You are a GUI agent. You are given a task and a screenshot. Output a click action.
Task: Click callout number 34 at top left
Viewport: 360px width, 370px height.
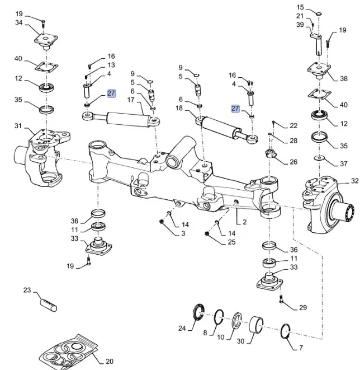19,22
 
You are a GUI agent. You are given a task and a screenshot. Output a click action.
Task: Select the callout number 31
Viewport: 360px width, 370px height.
18,125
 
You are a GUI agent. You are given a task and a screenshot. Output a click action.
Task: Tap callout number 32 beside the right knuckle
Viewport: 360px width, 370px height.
354,181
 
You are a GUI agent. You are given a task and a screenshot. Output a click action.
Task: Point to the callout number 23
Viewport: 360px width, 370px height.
27,290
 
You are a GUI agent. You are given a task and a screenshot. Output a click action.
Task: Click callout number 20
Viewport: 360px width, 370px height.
109,362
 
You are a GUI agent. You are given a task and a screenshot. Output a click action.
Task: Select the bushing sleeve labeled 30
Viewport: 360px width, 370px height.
258,324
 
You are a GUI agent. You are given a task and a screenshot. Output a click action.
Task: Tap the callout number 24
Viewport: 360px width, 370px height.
182,328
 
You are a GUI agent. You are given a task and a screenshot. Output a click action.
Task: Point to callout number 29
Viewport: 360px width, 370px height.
303,308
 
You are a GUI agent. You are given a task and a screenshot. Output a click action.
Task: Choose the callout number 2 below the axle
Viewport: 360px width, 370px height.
244,222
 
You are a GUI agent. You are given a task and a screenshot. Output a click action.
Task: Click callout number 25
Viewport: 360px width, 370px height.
231,242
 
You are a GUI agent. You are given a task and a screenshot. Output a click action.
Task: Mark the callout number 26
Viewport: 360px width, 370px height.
293,162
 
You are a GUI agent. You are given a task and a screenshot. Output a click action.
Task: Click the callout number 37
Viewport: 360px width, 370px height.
343,165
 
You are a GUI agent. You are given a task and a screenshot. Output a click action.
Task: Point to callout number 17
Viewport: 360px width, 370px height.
131,100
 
